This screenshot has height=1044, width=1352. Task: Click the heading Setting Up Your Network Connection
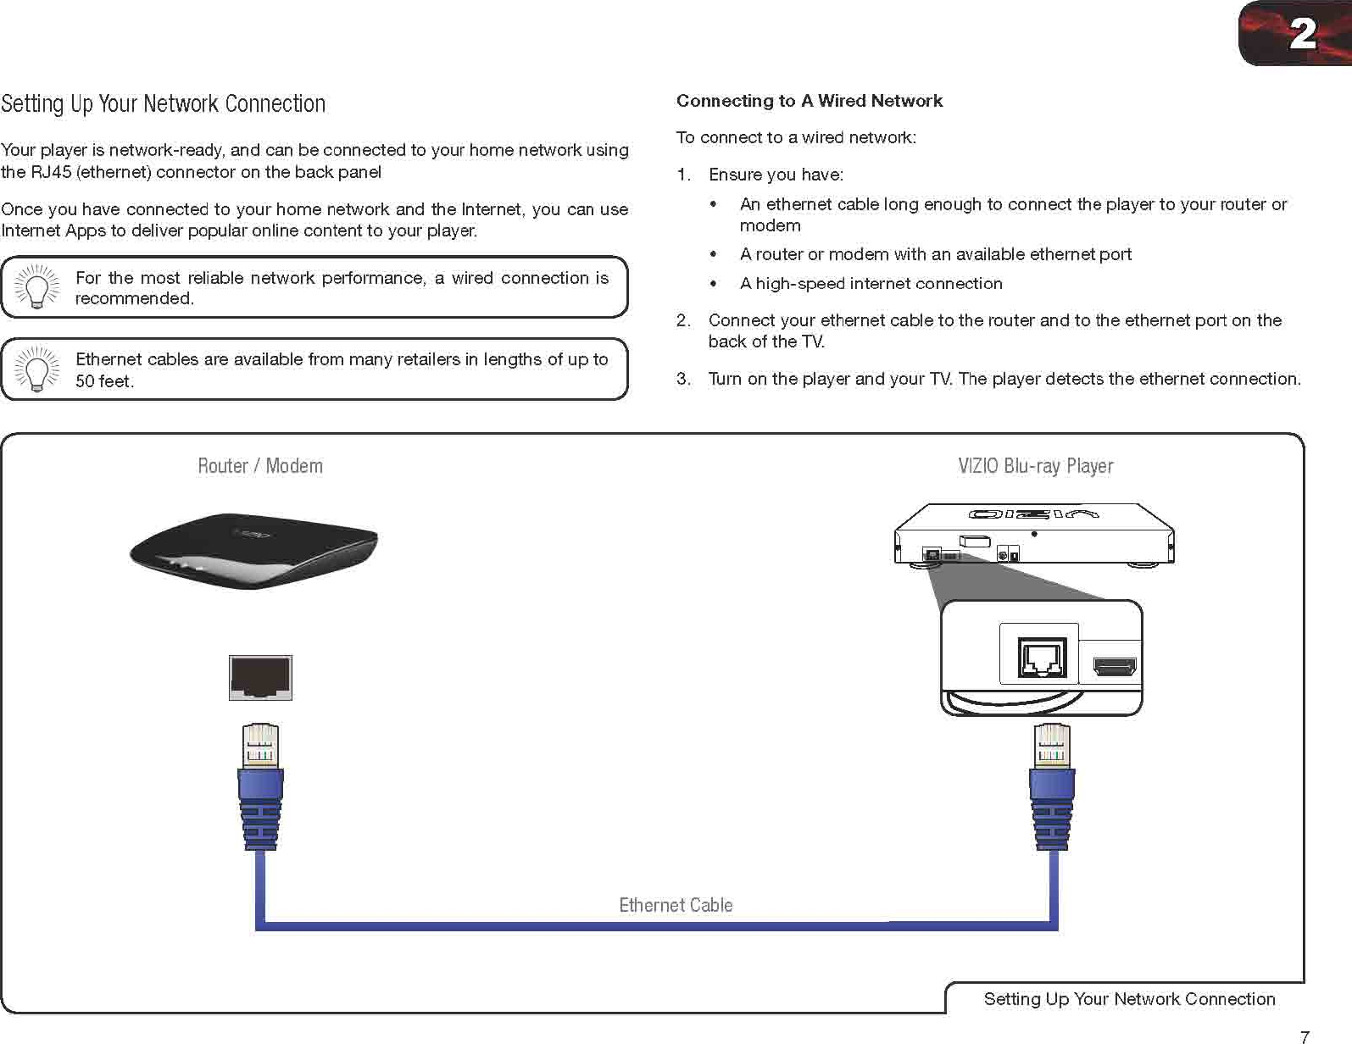point(163,104)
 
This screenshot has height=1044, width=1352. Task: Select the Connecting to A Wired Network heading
point(809,101)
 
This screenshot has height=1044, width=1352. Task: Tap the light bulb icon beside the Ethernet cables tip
point(36,369)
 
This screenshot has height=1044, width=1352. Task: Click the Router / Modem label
point(259,466)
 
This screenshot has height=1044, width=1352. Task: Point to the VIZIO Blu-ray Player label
point(1035,466)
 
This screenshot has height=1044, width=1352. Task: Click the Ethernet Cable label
point(676,905)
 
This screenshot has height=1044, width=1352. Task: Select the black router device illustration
point(253,550)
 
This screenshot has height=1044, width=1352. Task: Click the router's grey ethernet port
point(260,677)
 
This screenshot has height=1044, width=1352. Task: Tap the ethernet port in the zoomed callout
point(1041,657)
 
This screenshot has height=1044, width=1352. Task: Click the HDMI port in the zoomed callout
point(1115,667)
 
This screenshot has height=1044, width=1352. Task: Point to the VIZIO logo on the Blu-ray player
point(1033,514)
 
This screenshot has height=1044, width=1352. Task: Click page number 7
point(1305,1036)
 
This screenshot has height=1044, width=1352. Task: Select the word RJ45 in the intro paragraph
point(50,172)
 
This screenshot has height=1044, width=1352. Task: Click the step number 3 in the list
point(682,379)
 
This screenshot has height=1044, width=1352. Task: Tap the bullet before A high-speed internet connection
point(715,284)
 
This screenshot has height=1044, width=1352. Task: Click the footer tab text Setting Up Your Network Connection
point(1129,999)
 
